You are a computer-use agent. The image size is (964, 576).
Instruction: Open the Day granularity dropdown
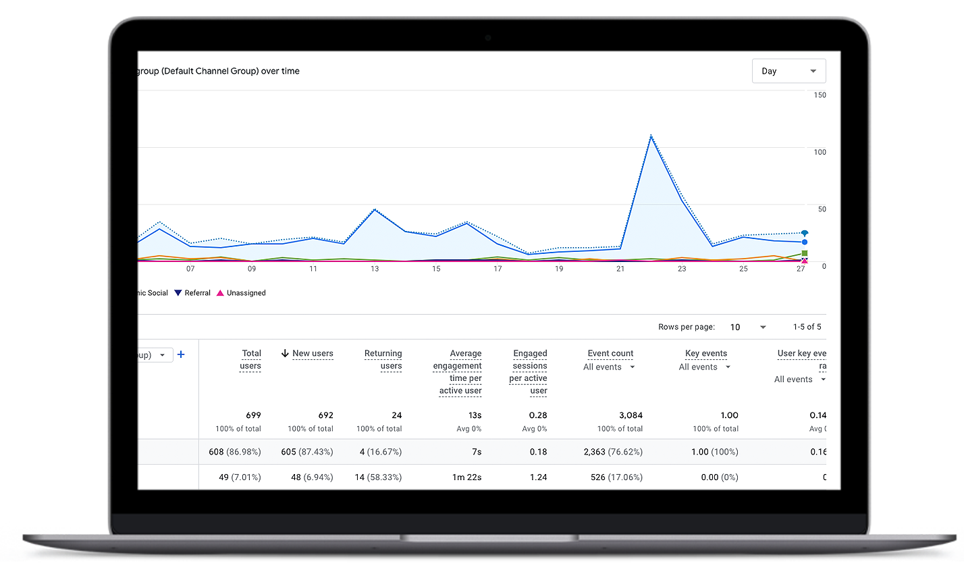tap(788, 71)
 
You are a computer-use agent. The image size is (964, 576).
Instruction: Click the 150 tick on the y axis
tap(820, 95)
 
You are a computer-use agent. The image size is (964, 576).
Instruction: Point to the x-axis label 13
tap(375, 269)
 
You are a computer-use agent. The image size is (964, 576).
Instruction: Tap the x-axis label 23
tap(682, 269)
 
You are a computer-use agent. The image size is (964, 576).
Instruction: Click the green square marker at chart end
tap(804, 253)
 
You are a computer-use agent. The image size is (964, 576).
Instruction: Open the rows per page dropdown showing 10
tap(748, 327)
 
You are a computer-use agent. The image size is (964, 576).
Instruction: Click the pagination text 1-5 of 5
tap(807, 327)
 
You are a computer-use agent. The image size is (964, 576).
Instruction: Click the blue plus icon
tap(181, 354)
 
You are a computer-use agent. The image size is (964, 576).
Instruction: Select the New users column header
tap(313, 353)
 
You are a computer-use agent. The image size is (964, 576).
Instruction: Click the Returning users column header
tap(383, 359)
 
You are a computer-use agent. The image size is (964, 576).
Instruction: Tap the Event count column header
tap(610, 353)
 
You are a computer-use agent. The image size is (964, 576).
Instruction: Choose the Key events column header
tap(705, 353)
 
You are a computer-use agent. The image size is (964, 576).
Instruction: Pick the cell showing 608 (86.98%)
tap(235, 452)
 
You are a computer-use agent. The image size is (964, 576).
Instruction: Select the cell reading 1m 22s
tap(466, 477)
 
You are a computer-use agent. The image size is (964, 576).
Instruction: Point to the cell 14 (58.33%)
tap(378, 477)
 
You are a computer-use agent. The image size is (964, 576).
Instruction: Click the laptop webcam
tap(488, 38)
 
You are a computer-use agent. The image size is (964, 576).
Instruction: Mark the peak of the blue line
tap(651, 136)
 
